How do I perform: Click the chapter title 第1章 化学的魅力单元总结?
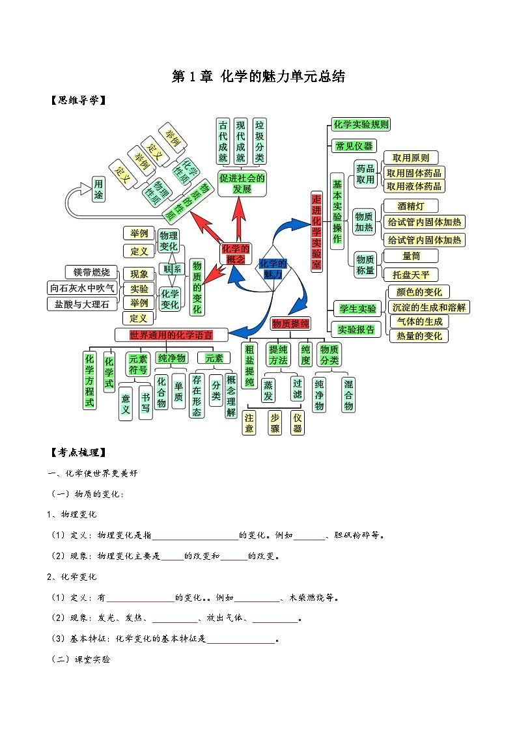(258, 77)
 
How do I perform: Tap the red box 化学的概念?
(235, 253)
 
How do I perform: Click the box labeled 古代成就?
(223, 141)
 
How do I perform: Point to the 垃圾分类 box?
(260, 141)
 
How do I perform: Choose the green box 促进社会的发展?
(242, 184)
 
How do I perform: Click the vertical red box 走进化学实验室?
(316, 232)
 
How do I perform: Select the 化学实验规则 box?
(361, 124)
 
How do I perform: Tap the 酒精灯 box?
(411, 206)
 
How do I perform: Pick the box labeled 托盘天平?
(411, 274)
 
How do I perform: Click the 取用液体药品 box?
(414, 186)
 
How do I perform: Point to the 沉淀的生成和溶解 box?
(428, 307)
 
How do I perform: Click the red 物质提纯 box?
(290, 324)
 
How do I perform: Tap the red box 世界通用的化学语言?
(171, 335)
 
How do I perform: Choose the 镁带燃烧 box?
(92, 272)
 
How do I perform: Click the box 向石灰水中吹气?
(82, 288)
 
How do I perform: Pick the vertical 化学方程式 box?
(89, 380)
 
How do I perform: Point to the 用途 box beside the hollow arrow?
(98, 189)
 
